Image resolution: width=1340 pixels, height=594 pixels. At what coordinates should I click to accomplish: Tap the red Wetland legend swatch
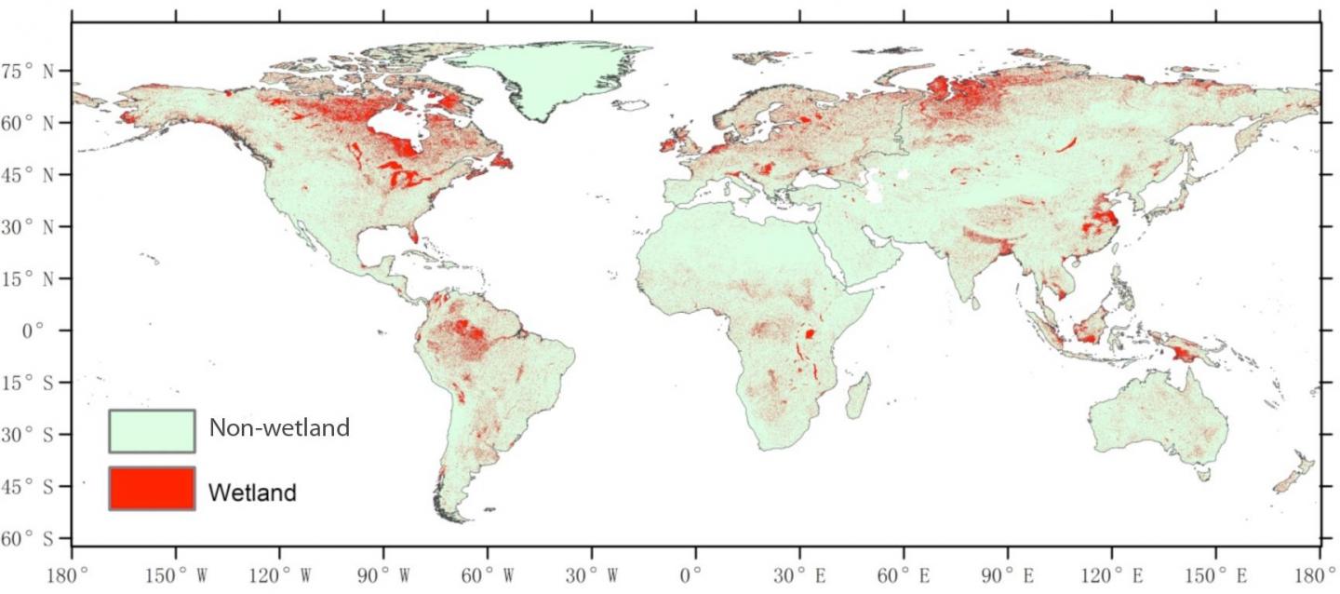pos(152,489)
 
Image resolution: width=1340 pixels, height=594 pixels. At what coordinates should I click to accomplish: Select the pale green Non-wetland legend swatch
pos(152,430)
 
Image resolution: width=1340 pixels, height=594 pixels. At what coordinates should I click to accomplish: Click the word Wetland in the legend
pos(252,492)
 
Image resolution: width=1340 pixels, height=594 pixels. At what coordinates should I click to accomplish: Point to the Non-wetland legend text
pos(279,428)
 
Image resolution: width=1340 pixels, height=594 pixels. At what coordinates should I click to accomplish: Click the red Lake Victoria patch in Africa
pos(810,333)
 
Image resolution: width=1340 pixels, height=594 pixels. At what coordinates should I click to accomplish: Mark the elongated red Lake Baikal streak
pos(1066,144)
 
